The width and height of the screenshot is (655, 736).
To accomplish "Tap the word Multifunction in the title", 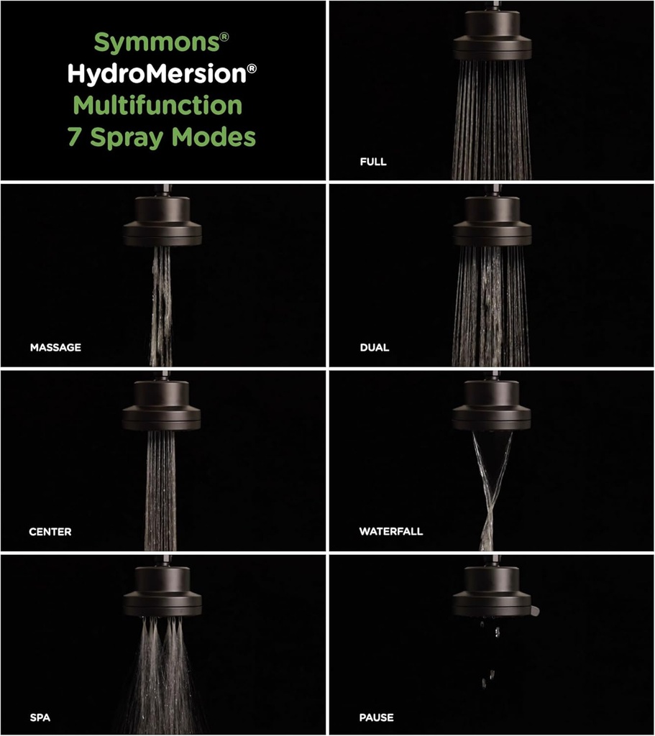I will pos(158,105).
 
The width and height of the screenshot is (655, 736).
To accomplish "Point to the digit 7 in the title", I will pos(75,137).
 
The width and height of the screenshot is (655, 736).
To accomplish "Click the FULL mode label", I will pos(373,162).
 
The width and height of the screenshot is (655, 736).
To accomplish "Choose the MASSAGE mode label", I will pos(55,347).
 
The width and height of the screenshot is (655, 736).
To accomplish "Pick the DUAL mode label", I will pos(375,347).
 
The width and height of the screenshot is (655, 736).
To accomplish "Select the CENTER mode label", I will pos(50,532).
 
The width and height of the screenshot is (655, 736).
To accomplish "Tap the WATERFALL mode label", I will pos(391,532).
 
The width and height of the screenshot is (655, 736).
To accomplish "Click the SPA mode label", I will pos(40,717).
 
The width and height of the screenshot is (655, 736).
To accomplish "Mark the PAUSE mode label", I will pos(377,717).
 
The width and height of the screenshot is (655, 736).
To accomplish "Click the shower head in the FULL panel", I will pos(493,36).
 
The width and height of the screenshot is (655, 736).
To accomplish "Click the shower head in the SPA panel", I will pos(162,591).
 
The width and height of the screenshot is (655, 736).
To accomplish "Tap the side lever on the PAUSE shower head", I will pos(535,611).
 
